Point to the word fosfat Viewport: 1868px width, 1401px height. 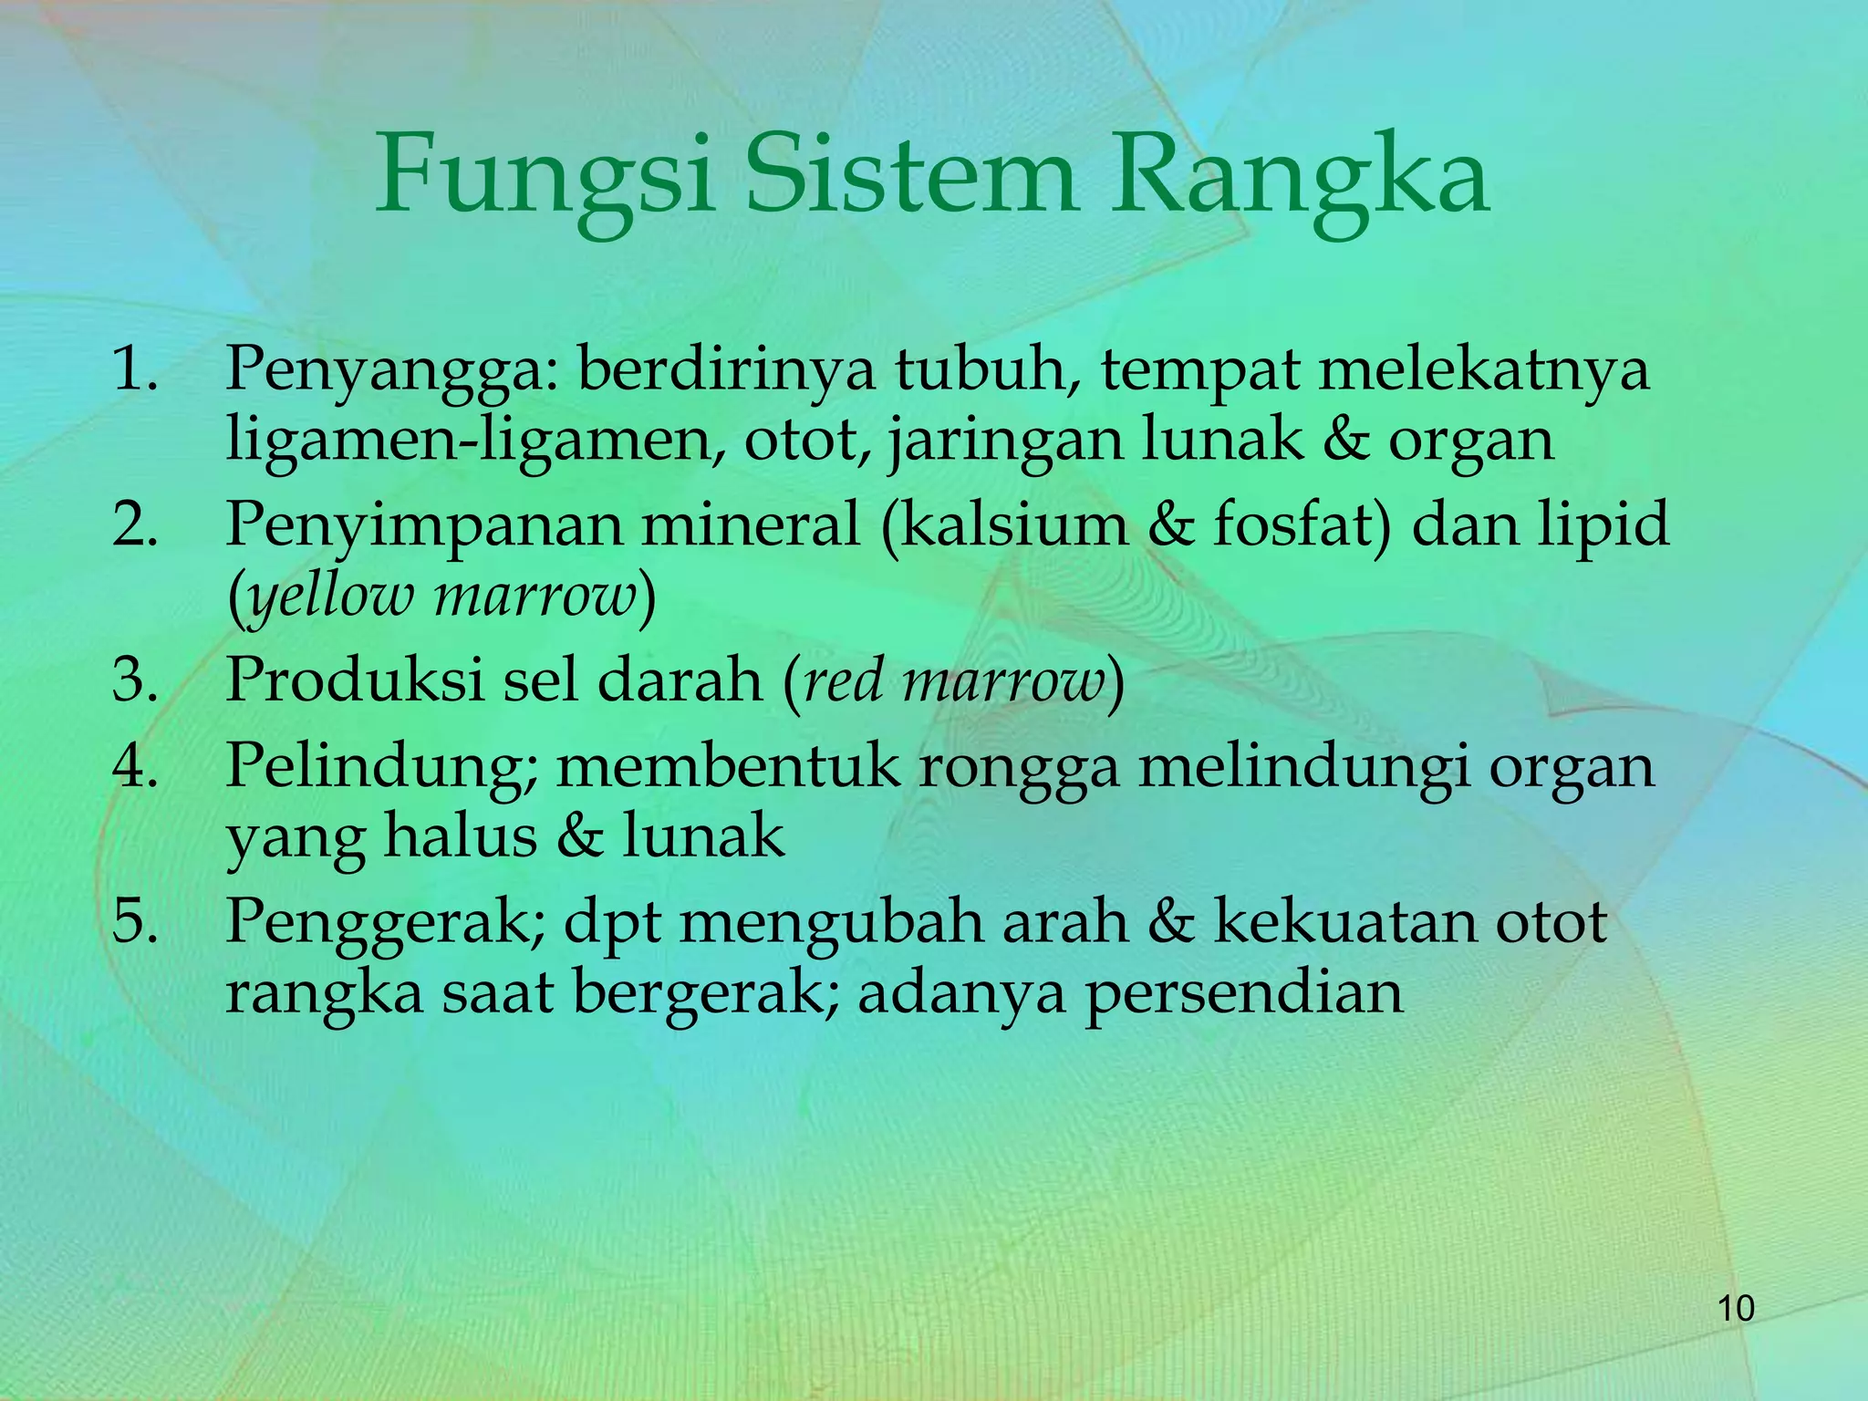(1292, 525)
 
